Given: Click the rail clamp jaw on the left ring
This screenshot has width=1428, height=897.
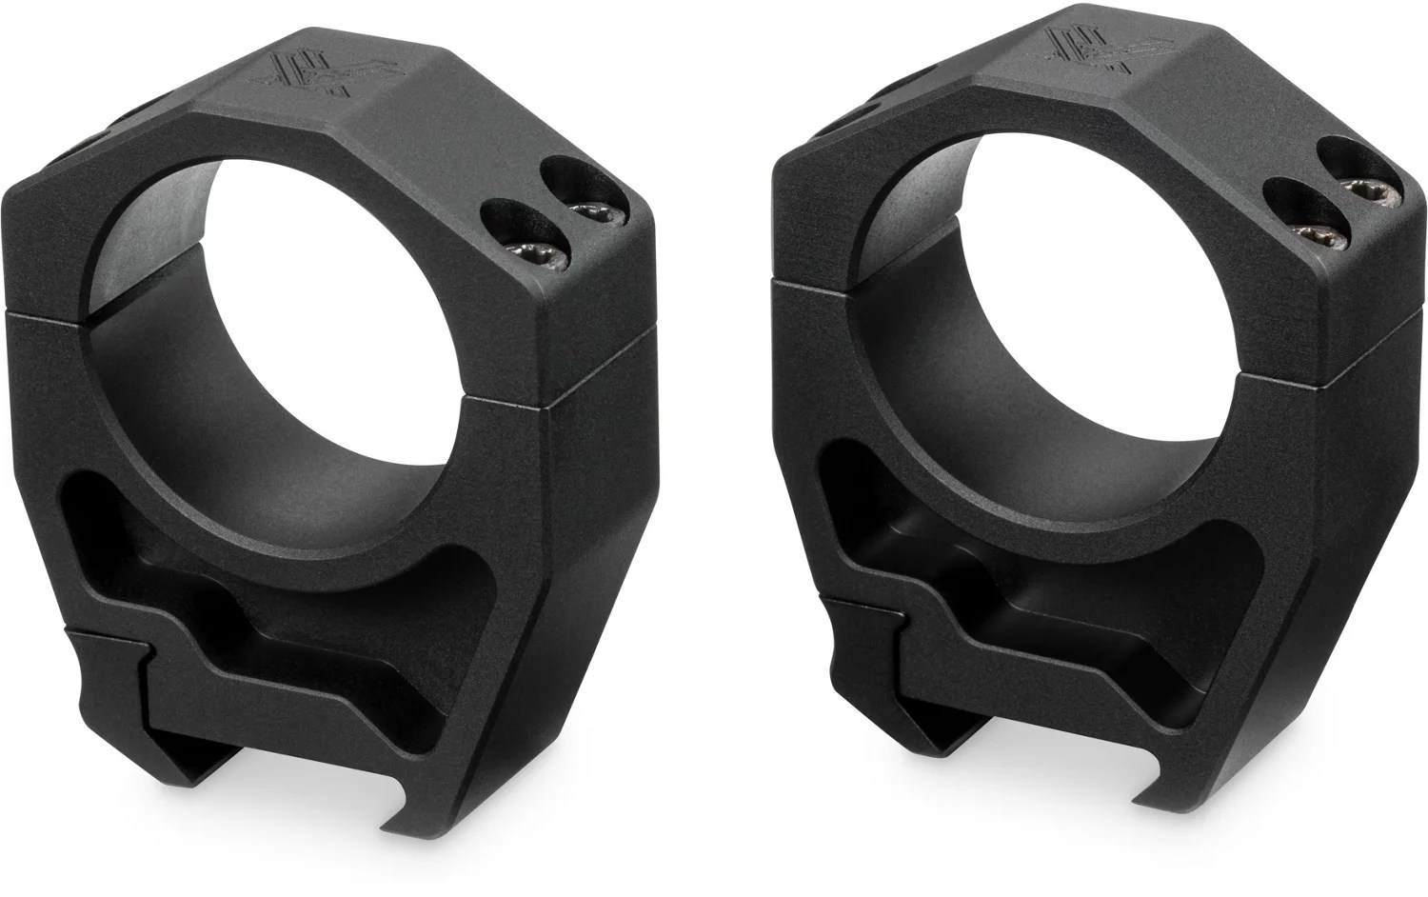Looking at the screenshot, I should pyautogui.click(x=105, y=695).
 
